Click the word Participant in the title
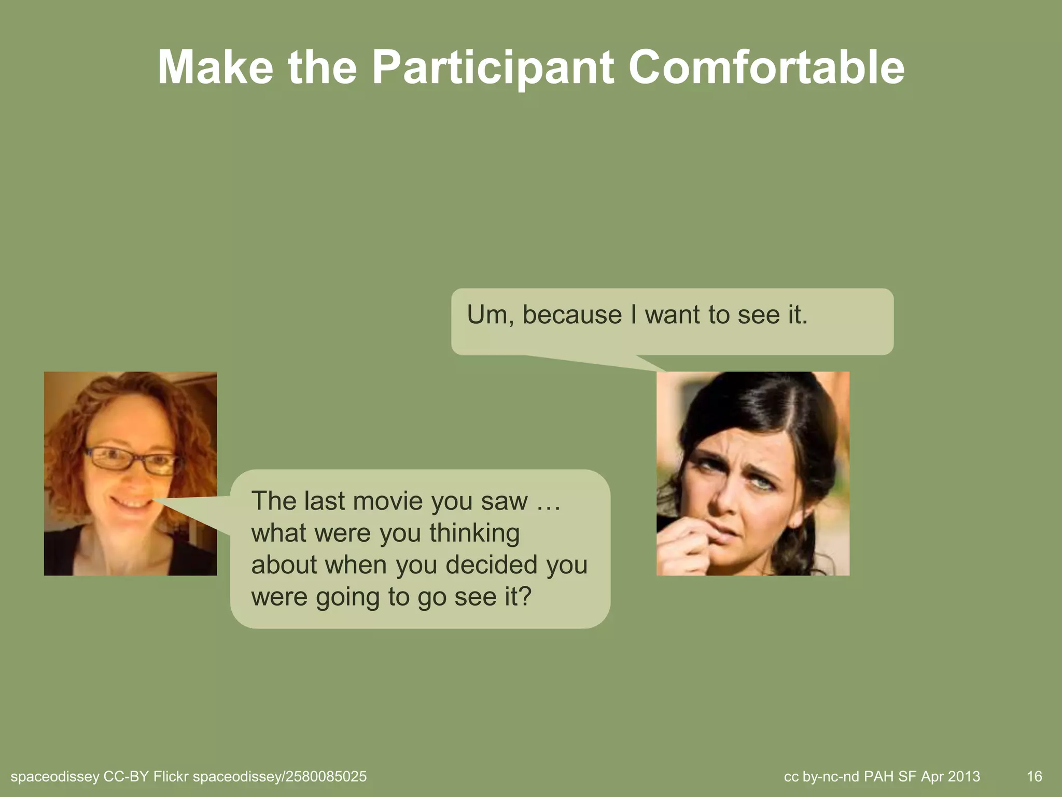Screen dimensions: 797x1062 click(493, 68)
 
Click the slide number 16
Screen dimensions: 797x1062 click(1034, 776)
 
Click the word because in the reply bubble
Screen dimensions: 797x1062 click(572, 315)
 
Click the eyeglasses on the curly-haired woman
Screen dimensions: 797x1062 click(132, 460)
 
